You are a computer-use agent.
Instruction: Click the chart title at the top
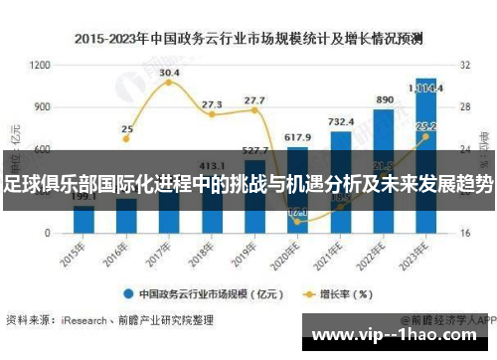pyautogui.click(x=248, y=39)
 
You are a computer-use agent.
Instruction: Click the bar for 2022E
pyautogui.click(x=384, y=169)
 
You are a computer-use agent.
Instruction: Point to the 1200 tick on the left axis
pyautogui.click(x=41, y=65)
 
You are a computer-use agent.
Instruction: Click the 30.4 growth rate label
pyautogui.click(x=169, y=73)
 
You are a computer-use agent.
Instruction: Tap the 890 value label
pyautogui.click(x=384, y=100)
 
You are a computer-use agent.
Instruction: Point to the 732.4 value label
pyautogui.click(x=341, y=122)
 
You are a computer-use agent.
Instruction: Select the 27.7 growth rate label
pyautogui.click(x=254, y=100)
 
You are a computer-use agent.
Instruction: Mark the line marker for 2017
pyautogui.click(x=169, y=83)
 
